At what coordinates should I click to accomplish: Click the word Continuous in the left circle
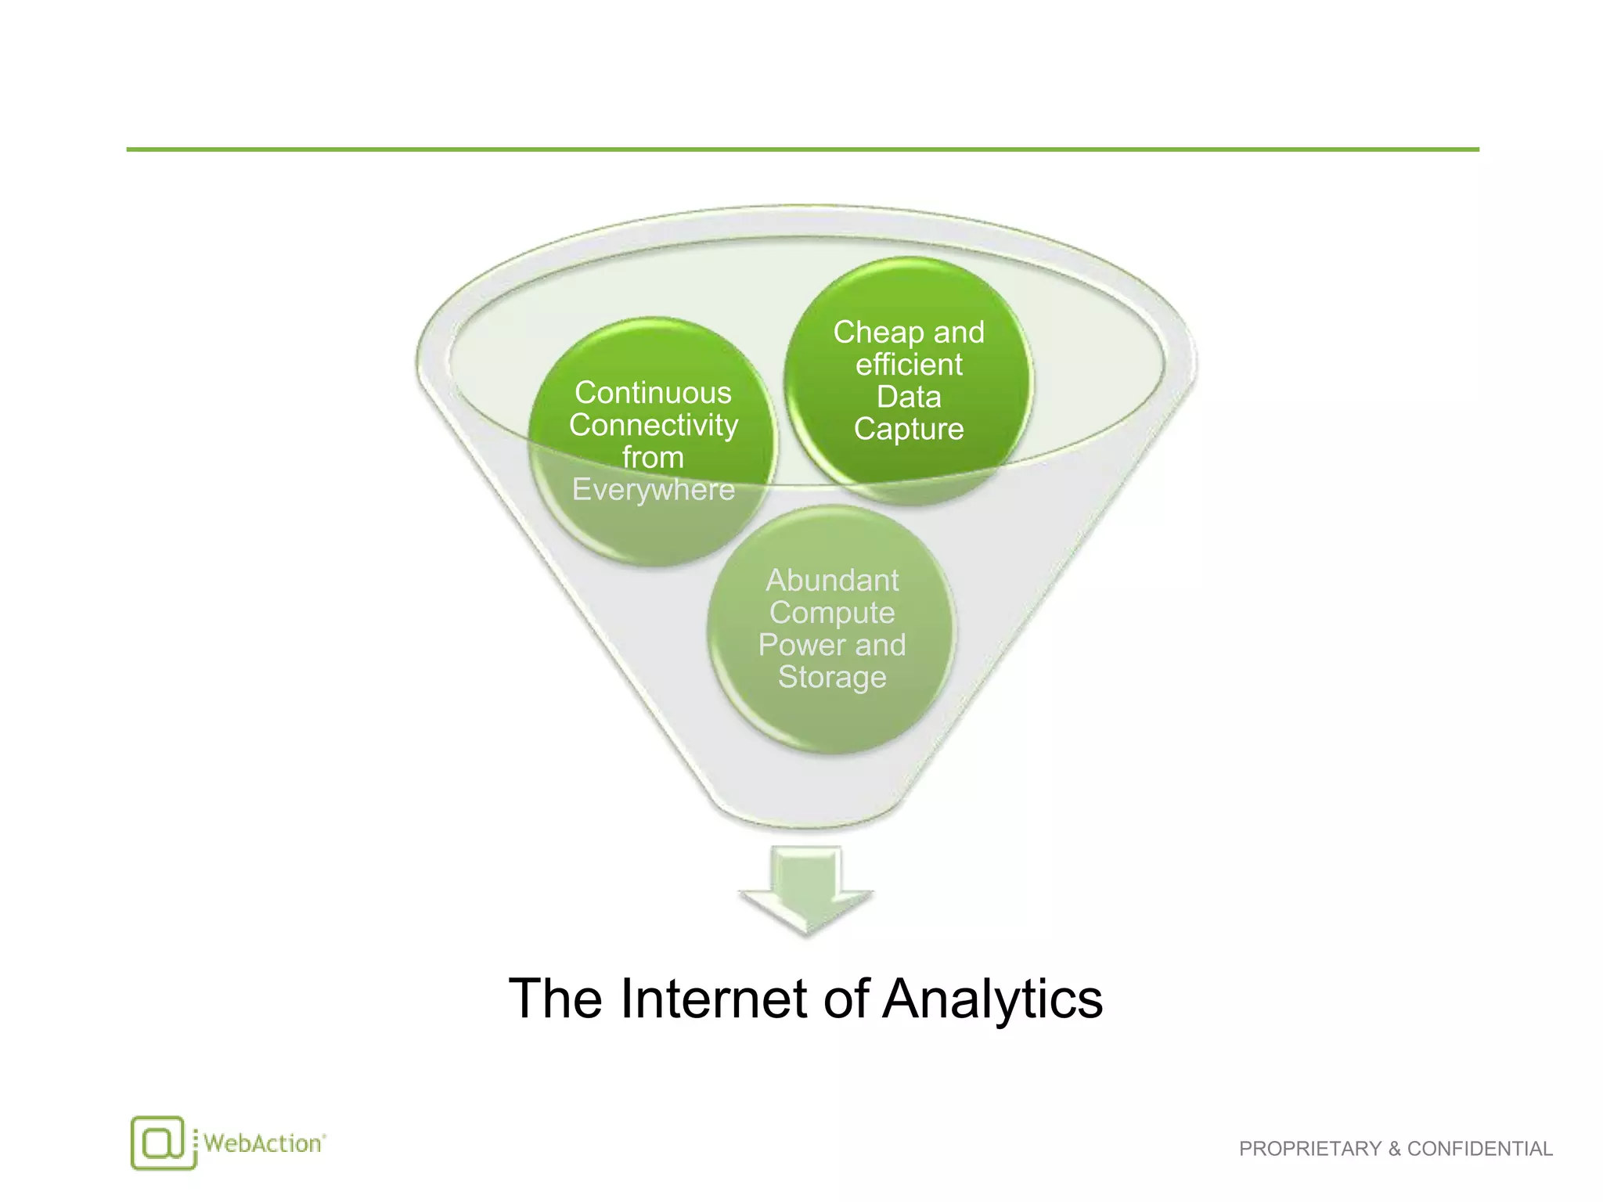(x=653, y=393)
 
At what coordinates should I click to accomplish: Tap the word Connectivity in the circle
(x=653, y=425)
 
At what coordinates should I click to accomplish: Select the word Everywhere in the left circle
(x=653, y=490)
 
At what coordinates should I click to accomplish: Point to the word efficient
(x=909, y=365)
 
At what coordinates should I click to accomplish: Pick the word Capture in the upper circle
(x=909, y=429)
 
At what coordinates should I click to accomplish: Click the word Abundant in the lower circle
(x=832, y=581)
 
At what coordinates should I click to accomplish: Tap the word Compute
(x=832, y=613)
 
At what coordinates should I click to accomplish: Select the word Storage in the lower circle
(x=832, y=677)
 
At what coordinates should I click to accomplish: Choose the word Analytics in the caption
(x=992, y=999)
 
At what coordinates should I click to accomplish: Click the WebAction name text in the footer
(x=262, y=1143)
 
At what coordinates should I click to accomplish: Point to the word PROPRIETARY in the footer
(x=1310, y=1149)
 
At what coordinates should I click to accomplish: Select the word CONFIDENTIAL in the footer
(x=1479, y=1149)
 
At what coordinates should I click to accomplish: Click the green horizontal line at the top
(x=801, y=149)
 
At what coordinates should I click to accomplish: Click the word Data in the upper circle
(x=909, y=397)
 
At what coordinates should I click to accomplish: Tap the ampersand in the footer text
(x=1394, y=1149)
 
